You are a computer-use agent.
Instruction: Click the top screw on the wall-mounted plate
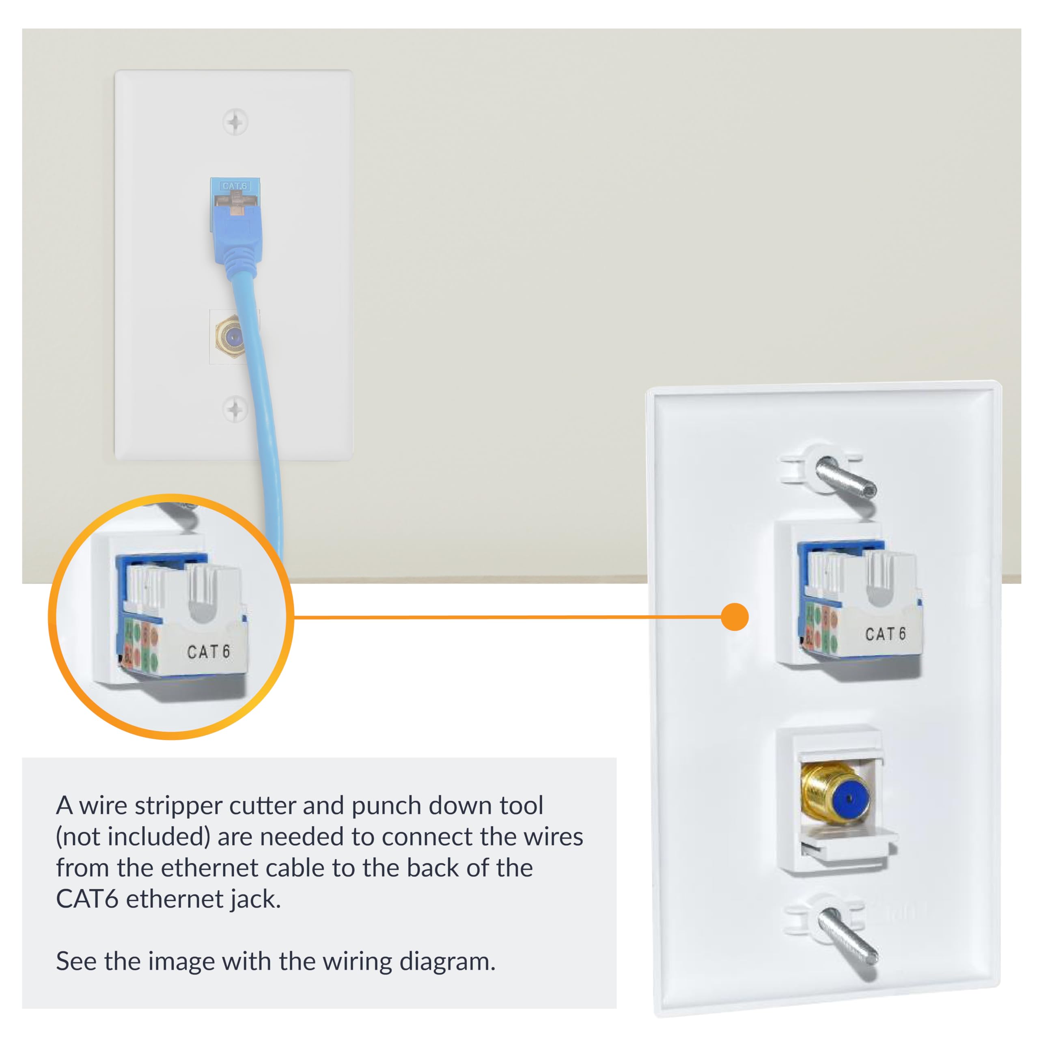235,122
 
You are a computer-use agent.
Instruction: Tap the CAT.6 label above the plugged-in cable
235,186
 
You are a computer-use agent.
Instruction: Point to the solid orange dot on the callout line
734,617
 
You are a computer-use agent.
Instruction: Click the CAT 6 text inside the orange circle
209,652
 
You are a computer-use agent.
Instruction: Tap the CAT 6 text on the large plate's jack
885,634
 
